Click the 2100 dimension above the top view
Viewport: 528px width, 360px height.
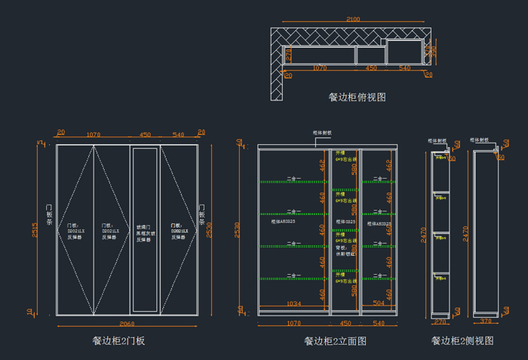coord(353,19)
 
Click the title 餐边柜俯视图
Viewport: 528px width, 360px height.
coord(357,97)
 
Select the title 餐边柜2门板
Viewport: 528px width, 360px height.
coord(118,341)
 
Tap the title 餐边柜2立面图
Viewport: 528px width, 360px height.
coord(335,341)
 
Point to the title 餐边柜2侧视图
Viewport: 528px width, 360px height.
coord(462,341)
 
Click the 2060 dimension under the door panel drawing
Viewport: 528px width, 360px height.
coord(127,323)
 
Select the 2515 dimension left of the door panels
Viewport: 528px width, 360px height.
coord(35,229)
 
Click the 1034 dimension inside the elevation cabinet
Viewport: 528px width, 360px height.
coord(294,304)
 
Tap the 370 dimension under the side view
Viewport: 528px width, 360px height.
coord(486,322)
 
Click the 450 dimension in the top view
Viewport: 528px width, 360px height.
coord(371,68)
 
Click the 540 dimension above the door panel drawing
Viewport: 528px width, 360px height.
coord(179,134)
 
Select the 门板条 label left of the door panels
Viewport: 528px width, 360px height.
coord(49,215)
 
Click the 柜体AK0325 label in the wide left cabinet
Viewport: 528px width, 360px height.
coord(283,222)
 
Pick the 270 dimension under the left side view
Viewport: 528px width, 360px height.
coord(441,322)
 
